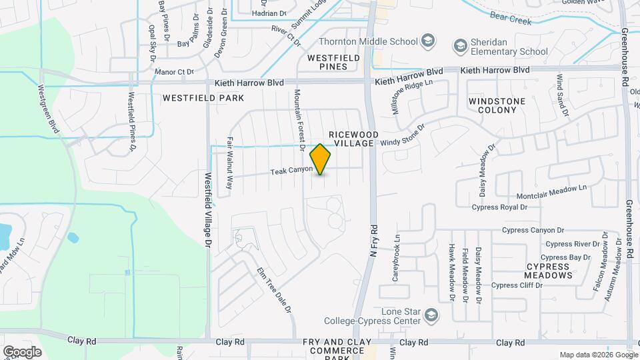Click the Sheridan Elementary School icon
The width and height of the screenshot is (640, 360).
pyautogui.click(x=459, y=45)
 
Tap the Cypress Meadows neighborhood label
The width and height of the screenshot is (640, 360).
pyautogui.click(x=548, y=270)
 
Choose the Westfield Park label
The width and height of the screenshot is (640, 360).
pyautogui.click(x=194, y=97)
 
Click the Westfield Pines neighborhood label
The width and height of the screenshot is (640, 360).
pyautogui.click(x=333, y=63)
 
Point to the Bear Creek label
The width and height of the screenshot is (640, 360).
pyautogui.click(x=511, y=17)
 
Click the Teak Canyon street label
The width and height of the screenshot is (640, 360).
pyautogui.click(x=291, y=171)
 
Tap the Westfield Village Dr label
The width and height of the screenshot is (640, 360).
pyautogui.click(x=208, y=211)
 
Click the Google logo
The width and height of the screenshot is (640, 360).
pyautogui.click(x=22, y=351)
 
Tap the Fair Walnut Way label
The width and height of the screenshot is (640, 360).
pyautogui.click(x=230, y=164)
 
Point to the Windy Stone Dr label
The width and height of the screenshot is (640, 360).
pyautogui.click(x=403, y=137)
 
